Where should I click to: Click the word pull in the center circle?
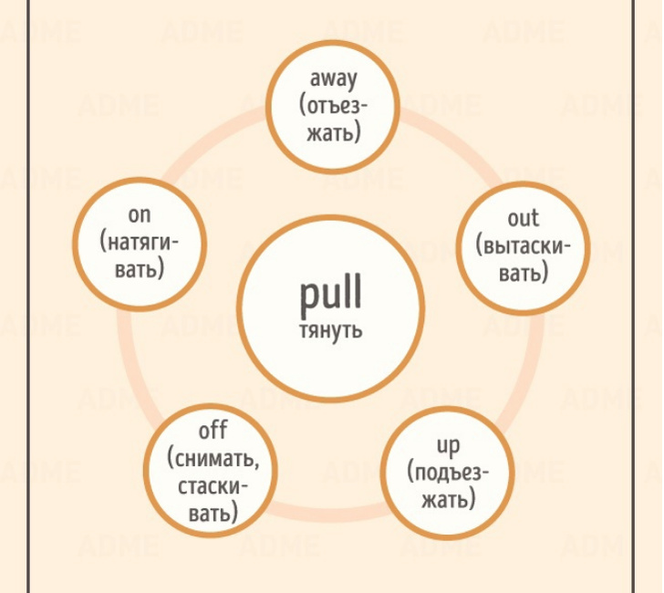tap(330, 294)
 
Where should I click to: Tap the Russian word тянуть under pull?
tap(330, 329)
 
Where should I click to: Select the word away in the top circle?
tap(333, 79)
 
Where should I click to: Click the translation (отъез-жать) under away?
tap(333, 119)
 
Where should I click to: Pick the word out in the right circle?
tap(523, 218)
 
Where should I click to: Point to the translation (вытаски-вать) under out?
tap(523, 259)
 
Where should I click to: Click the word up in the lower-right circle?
tap(448, 445)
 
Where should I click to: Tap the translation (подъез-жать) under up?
tap(448, 486)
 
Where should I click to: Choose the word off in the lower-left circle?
tap(213, 430)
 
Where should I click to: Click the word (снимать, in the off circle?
tap(213, 457)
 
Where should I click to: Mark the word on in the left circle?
tap(140, 215)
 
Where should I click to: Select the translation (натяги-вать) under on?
tap(140, 256)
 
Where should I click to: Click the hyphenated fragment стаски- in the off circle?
tap(213, 485)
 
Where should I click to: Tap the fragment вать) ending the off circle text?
tap(213, 513)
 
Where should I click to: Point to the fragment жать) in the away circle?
tap(333, 132)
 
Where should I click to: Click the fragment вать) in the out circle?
tap(523, 273)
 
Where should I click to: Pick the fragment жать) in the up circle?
tap(448, 500)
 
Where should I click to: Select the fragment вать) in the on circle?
tap(140, 270)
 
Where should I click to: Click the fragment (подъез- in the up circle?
tap(448, 473)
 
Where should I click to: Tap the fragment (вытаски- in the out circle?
tap(523, 245)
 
